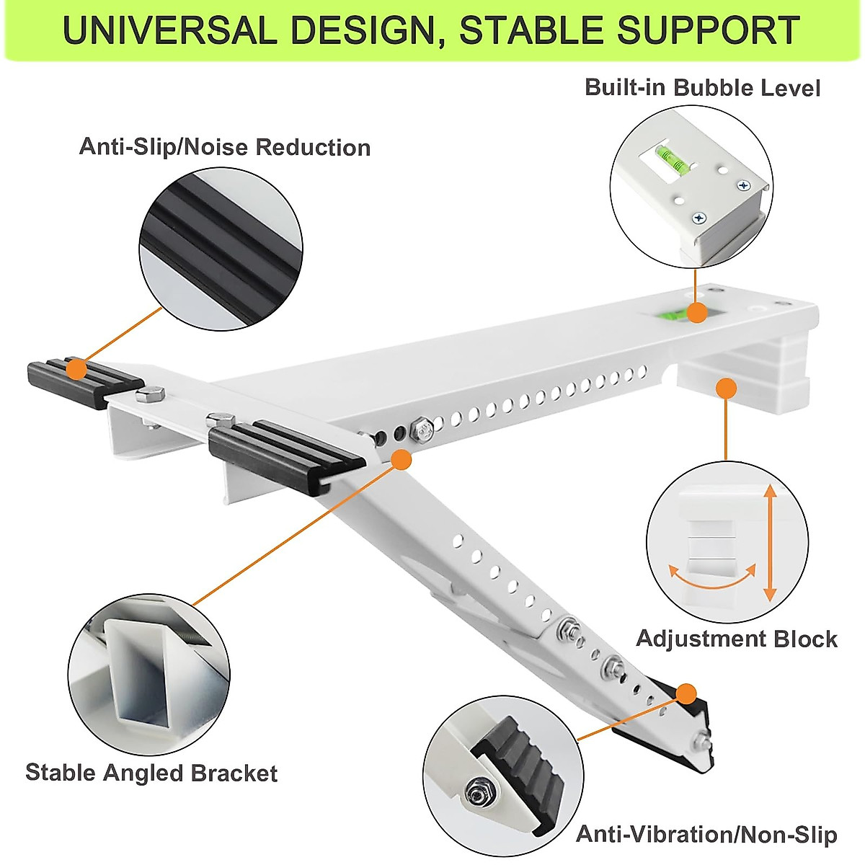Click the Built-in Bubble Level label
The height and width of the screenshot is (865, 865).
[x=702, y=88]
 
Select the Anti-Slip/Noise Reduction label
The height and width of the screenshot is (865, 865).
[x=224, y=147]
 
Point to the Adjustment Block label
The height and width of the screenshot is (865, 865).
[x=736, y=639]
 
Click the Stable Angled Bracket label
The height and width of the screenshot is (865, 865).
[x=151, y=773]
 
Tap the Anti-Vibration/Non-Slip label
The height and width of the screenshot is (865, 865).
[x=706, y=835]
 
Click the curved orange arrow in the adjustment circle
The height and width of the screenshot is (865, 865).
[x=712, y=577]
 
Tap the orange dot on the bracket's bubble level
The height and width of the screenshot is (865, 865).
[x=696, y=313]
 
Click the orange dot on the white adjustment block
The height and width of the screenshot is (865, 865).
[x=726, y=389]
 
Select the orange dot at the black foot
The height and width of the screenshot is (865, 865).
[x=686, y=694]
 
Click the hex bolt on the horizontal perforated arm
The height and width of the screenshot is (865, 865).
[x=422, y=432]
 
